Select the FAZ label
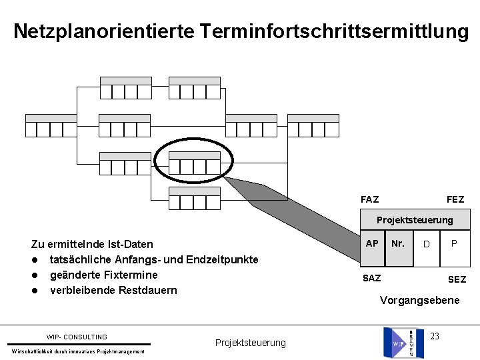369,199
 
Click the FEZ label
455,199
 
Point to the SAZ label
371,277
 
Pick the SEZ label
457,279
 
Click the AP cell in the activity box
373,244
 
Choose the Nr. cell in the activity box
398,244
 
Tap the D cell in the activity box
427,245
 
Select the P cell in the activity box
454,244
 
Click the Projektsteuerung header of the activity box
414,219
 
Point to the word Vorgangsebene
419,300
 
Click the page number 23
435,335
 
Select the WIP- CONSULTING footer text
77,337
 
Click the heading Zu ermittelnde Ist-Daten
92,244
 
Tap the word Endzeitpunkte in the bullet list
225,259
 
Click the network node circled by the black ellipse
194,163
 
